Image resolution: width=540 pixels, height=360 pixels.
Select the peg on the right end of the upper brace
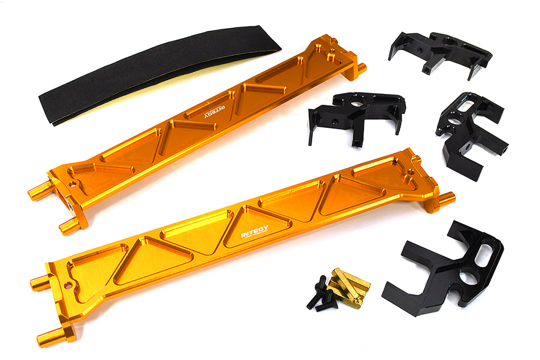pyautogui.click(x=361, y=69)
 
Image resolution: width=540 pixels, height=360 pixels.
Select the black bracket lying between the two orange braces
pyautogui.click(x=356, y=116)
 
